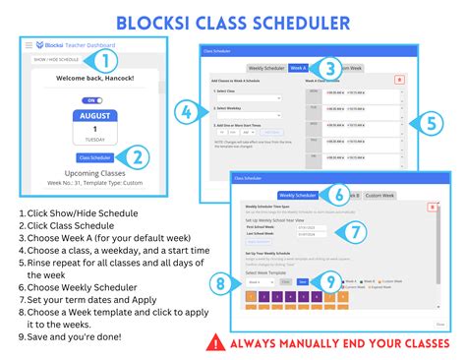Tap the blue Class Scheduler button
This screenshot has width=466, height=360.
(94, 156)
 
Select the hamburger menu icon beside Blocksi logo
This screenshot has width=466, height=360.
(28, 45)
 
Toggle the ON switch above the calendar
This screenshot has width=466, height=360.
(91, 99)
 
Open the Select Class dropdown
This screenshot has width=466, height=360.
(249, 98)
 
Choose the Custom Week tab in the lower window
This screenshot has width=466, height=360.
(381, 196)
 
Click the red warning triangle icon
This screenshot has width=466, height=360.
(214, 343)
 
